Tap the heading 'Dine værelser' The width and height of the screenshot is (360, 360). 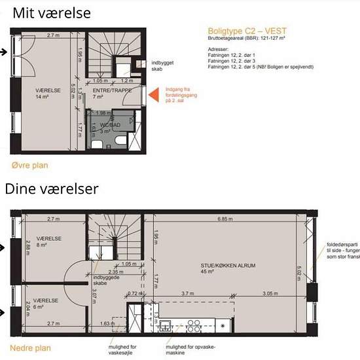[52, 189]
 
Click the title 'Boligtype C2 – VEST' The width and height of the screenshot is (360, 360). [247, 31]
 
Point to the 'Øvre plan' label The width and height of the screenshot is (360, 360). [29, 166]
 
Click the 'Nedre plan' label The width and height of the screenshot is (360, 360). [30, 348]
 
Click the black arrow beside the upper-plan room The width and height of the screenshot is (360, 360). [5, 52]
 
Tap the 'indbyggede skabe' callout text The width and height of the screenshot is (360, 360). [106, 280]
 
